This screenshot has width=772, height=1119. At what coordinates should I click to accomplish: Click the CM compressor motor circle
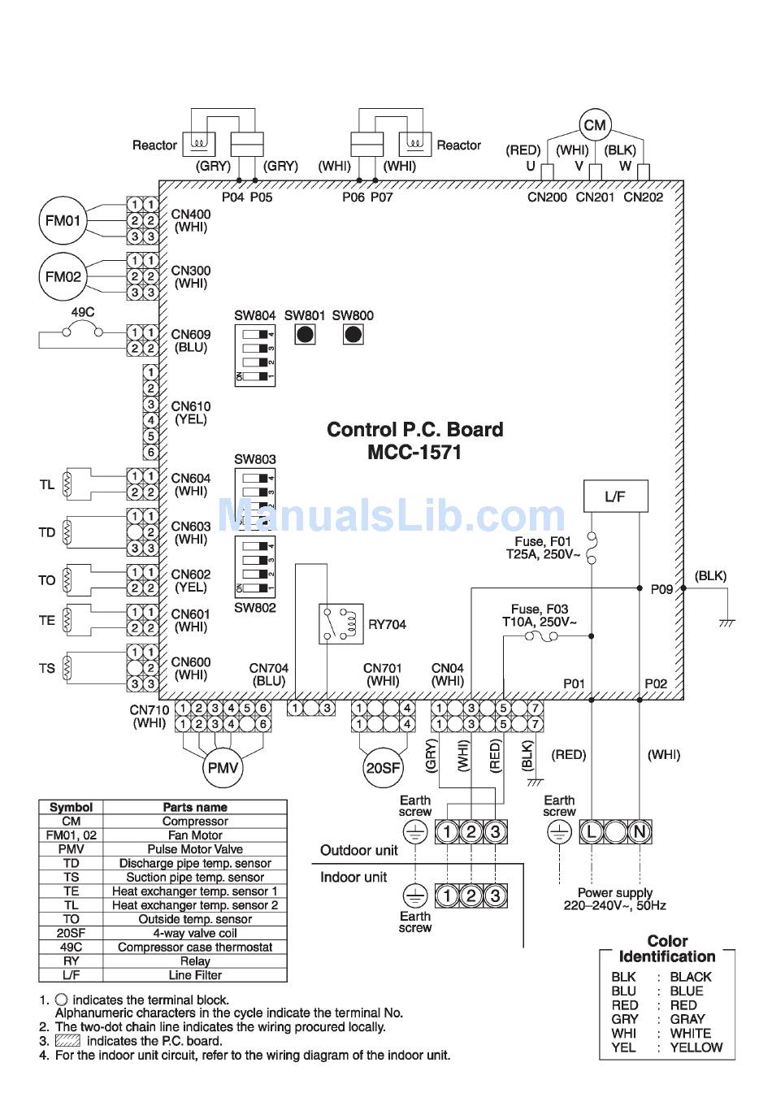point(595,125)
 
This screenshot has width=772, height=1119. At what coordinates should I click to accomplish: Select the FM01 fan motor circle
point(63,220)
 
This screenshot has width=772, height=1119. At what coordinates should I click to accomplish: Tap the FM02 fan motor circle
point(63,276)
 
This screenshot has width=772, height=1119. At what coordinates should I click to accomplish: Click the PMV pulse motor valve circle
point(222,768)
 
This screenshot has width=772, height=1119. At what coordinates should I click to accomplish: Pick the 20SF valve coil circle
point(382,768)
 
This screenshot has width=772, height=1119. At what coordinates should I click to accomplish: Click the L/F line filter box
point(615,497)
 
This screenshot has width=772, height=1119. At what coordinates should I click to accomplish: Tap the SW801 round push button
point(305,335)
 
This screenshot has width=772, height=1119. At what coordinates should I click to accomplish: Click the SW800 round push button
point(353,335)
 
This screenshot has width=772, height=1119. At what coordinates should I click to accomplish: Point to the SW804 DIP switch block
point(254,356)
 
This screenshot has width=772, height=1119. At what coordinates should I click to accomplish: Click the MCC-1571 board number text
point(414,452)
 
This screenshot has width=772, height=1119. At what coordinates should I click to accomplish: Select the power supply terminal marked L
point(591,831)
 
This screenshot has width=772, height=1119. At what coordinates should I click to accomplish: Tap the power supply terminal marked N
point(640,831)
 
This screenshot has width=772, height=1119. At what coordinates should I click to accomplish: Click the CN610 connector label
point(191,406)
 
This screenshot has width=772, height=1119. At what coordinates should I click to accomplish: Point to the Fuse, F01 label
point(543,541)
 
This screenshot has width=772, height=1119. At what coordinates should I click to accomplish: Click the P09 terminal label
point(661,589)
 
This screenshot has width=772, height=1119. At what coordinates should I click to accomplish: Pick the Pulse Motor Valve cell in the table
point(195,849)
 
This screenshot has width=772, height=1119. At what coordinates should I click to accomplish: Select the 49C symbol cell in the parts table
point(71,947)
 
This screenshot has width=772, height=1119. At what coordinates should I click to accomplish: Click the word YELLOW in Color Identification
point(696,1047)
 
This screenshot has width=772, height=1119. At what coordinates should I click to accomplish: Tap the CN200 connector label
point(547,197)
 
